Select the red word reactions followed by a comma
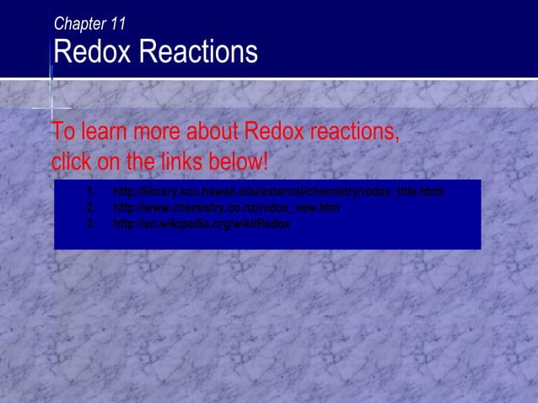click(354, 132)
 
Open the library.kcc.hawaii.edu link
click(277, 192)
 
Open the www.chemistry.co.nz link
click(226, 207)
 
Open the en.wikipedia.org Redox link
click(202, 223)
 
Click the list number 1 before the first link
click(89, 192)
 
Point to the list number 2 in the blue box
click(89, 207)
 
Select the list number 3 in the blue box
click(89, 223)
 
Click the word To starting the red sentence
click(62, 132)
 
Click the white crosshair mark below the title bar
click(51, 109)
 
